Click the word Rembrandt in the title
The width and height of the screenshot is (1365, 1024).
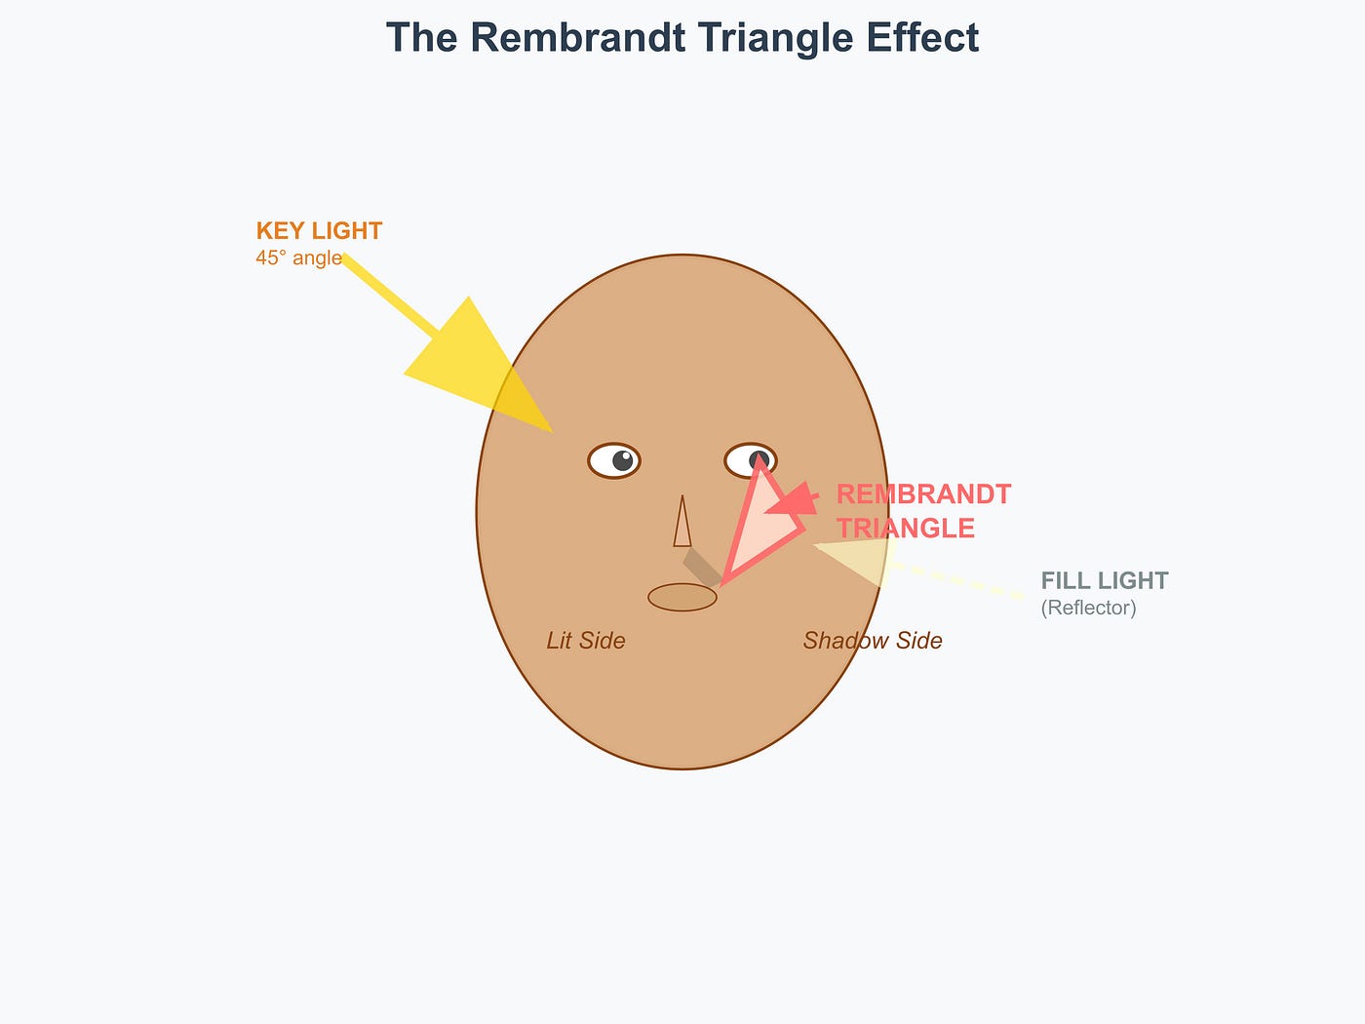pos(578,37)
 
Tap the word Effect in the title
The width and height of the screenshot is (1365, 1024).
pos(923,37)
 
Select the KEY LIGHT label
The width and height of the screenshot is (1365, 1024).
pos(319,231)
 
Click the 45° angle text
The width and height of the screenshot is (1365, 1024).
pos(298,257)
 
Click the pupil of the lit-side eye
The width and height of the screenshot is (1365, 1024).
pos(623,460)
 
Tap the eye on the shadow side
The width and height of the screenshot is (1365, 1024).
pos(751,460)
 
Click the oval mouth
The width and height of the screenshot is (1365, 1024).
pos(682,597)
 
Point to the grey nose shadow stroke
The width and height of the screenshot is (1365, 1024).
pos(703,567)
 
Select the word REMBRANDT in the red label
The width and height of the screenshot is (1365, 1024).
pos(923,494)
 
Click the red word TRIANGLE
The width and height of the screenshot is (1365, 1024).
pos(906,529)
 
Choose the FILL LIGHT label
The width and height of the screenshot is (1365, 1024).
pos(1105,580)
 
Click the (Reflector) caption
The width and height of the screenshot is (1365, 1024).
pos(1088,608)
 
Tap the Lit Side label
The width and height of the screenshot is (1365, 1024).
pos(586,641)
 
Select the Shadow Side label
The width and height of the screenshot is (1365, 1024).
pos(873,641)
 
